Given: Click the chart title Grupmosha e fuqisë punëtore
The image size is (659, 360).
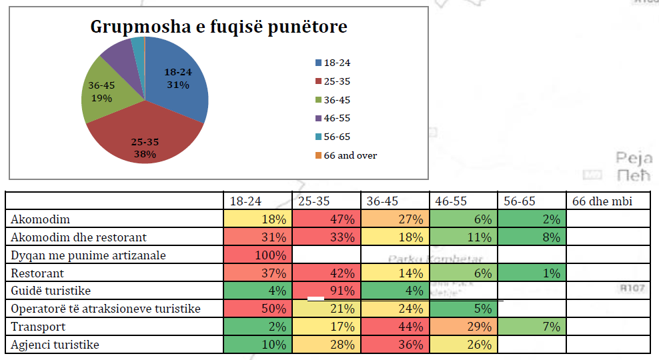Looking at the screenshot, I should point(219,27).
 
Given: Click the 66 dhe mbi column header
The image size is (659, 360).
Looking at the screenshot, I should point(598,201).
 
